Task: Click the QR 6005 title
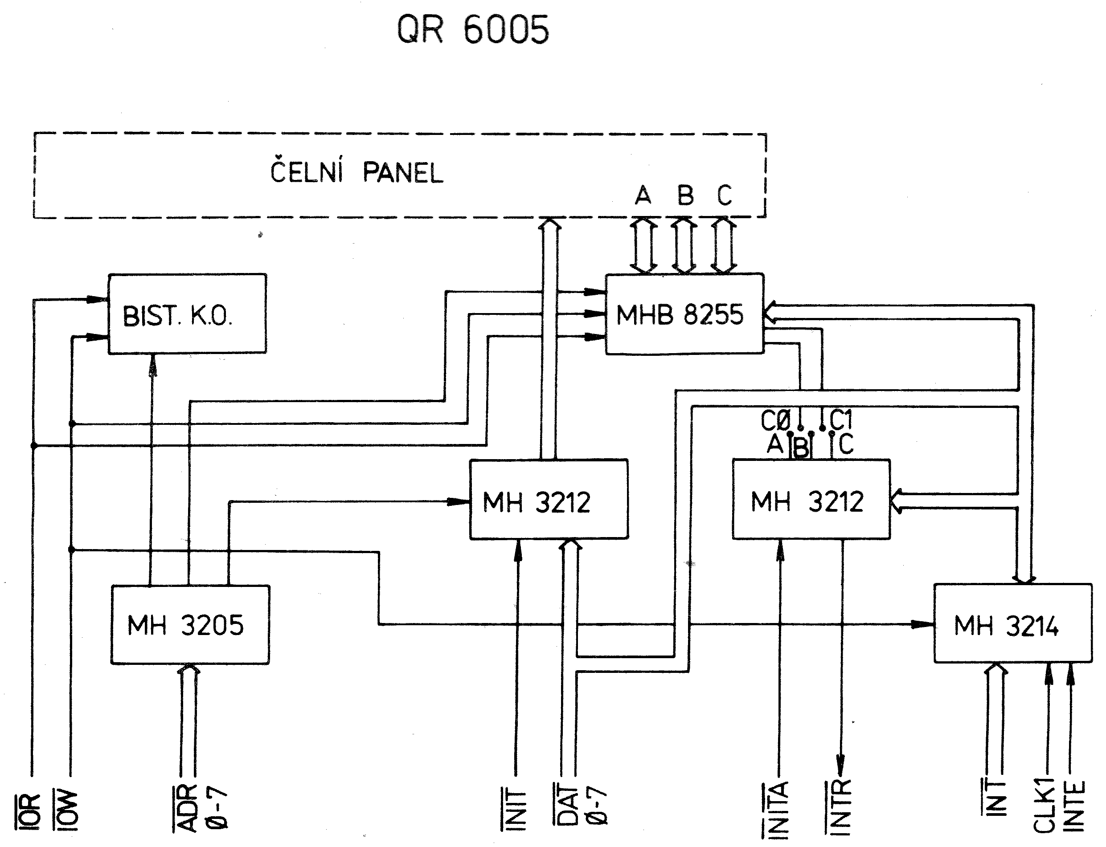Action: pyautogui.click(x=473, y=29)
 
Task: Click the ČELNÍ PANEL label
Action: pyautogui.click(x=357, y=172)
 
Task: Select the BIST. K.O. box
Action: pyautogui.click(x=187, y=314)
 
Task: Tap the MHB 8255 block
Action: pyautogui.click(x=684, y=314)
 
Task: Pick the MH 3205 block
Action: pyautogui.click(x=190, y=624)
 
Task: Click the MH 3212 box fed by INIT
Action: pyautogui.click(x=549, y=499)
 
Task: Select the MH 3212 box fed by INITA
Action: pyautogui.click(x=811, y=499)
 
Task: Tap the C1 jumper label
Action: pyautogui.click(x=840, y=419)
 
